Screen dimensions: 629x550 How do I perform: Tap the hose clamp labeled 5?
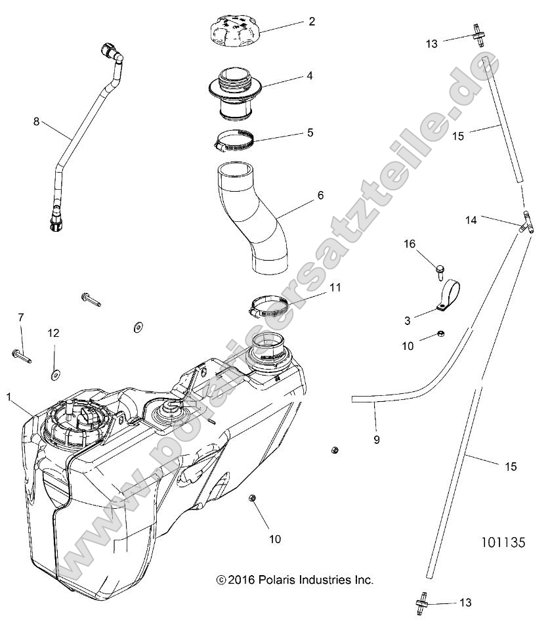234,139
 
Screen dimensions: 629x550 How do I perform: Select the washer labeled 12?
54,374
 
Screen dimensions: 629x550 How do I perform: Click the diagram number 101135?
502,544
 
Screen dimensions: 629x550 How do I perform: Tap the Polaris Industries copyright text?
295,580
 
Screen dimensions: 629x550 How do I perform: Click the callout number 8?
37,121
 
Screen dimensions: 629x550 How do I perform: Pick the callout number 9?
376,440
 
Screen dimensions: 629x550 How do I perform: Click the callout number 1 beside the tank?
9,397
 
